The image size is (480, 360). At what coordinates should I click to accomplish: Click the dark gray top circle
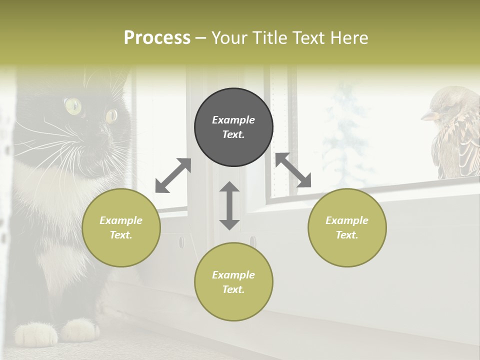tap(233, 127)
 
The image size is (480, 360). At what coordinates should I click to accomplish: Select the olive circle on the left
tap(121, 227)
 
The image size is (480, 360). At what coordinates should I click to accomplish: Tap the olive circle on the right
tap(347, 227)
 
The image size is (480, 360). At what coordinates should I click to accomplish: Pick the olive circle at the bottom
tap(233, 282)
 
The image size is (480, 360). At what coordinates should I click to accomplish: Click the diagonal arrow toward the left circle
tap(173, 175)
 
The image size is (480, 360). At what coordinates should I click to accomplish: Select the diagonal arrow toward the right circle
tap(293, 170)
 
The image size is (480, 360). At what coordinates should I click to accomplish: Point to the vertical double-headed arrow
tap(229, 205)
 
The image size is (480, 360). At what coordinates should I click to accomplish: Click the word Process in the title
tap(157, 37)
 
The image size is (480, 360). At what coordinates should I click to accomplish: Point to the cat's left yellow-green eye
tap(72, 105)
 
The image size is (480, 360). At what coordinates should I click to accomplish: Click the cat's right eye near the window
tap(111, 115)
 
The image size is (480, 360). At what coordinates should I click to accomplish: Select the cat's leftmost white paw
tap(36, 333)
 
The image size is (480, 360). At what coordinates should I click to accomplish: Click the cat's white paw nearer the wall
tap(80, 330)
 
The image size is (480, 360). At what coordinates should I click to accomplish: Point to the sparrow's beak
tap(427, 116)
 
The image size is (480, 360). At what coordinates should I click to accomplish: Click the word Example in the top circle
tap(233, 120)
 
